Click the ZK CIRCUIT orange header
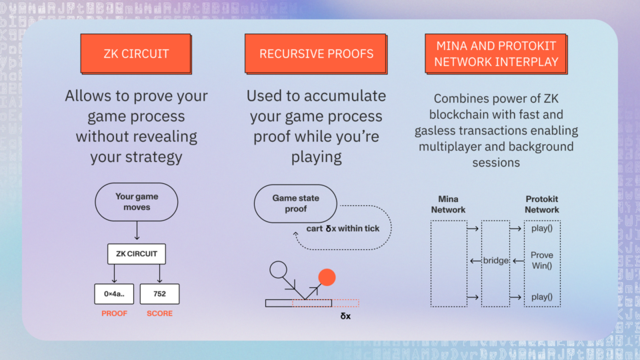136,53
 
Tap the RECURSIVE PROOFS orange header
317,53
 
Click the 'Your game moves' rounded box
137,202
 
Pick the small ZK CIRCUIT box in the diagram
137,253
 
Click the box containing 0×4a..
114,294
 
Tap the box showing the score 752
159,294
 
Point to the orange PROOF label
114,313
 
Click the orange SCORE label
159,313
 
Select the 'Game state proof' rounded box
295,203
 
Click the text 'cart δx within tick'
343,229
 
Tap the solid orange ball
327,277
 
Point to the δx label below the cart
345,316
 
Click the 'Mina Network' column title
449,205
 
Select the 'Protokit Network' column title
542,205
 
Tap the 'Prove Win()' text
542,260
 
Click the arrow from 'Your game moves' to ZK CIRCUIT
137,231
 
